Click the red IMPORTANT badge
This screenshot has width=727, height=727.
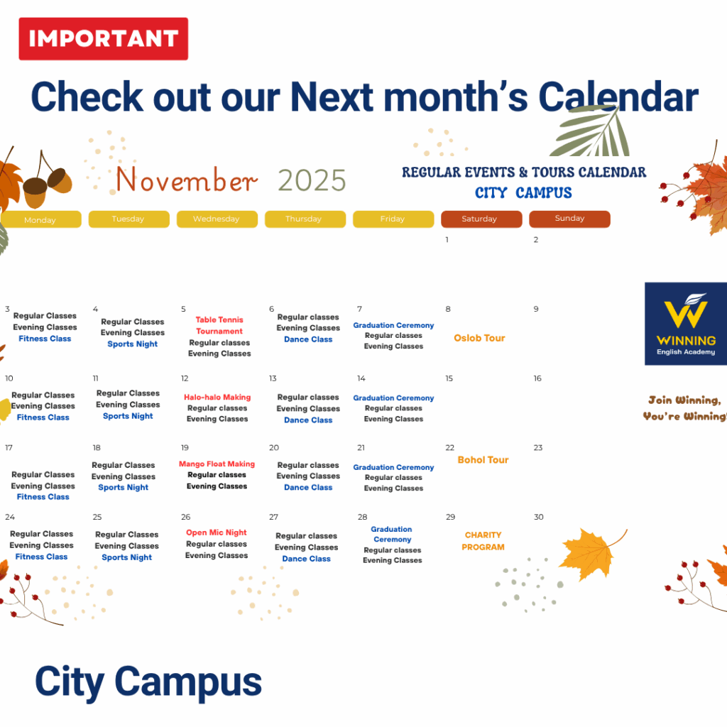(104, 39)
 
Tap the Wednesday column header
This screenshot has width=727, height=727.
(217, 219)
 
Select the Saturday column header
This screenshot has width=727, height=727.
(481, 219)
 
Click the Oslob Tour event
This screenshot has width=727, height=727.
(479, 338)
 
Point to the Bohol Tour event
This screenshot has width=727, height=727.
(483, 460)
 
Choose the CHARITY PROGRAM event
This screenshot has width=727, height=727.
(483, 541)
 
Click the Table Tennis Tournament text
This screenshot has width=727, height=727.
(219, 325)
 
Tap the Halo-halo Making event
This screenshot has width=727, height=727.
(217, 398)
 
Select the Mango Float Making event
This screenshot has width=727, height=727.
(217, 464)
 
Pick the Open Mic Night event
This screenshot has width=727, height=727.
(217, 532)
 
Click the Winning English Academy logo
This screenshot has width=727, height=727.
(686, 324)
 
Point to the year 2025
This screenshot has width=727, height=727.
(312, 180)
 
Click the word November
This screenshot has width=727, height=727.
(186, 180)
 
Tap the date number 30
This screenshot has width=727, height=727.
(538, 517)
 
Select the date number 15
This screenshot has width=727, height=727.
(449, 378)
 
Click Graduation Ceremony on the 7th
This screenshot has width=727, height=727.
(393, 325)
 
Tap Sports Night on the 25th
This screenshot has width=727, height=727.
(126, 557)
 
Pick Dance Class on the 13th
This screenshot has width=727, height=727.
(308, 420)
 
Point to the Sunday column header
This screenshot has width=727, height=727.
(570, 219)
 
